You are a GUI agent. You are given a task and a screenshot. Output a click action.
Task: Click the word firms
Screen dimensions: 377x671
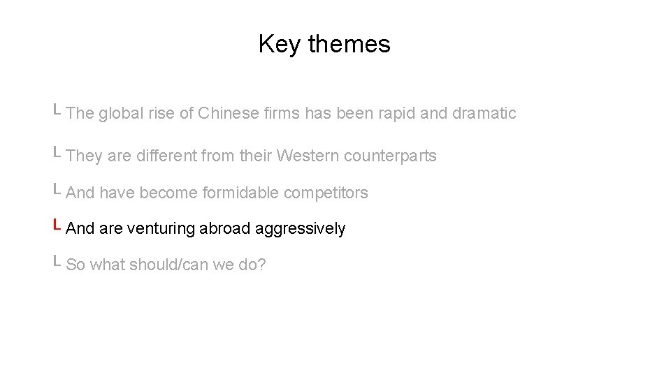pos(282,113)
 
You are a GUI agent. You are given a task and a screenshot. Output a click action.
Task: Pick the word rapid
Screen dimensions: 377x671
pos(396,113)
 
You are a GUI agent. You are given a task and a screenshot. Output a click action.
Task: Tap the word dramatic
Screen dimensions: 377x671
pos(484,113)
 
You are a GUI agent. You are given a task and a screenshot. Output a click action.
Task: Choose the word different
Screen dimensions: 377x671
pos(166,156)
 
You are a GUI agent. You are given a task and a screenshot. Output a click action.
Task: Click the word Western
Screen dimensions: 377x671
pos(307,156)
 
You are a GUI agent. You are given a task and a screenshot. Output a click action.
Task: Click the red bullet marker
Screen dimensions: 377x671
pos(57,226)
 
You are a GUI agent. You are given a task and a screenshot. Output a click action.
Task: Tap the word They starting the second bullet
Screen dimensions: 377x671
pos(84,156)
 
